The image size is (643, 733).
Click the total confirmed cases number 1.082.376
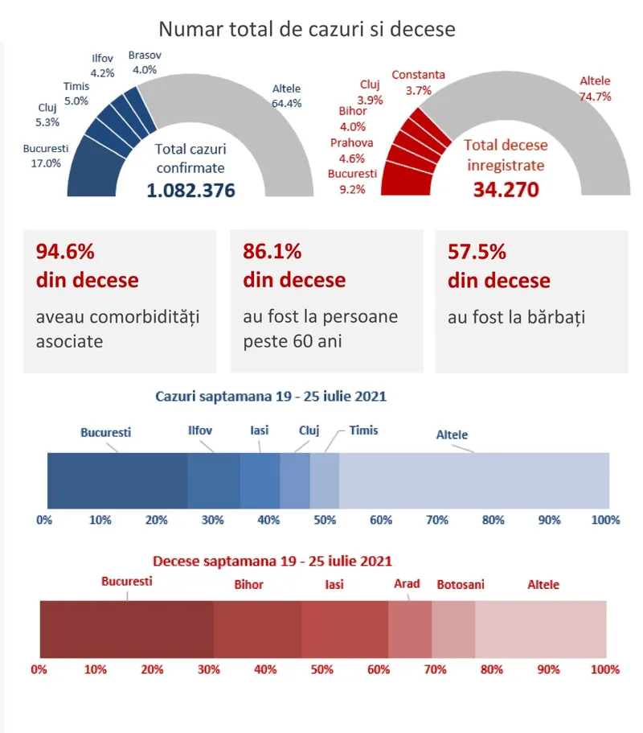190,190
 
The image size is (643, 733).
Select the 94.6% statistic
65,252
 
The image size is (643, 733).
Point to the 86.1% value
272,252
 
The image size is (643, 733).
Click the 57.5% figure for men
477,252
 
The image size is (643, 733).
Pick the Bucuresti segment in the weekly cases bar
117,481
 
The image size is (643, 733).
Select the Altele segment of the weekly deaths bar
540,629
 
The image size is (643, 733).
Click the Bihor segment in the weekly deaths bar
257,629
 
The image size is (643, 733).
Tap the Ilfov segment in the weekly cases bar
214,481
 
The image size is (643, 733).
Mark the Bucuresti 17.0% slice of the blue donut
89,170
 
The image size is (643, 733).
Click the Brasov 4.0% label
145,64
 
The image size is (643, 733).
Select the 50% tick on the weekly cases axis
325,520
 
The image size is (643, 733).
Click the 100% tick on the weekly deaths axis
604,669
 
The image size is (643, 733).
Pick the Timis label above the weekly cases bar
363,430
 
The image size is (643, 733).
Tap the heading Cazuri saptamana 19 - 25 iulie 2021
271,397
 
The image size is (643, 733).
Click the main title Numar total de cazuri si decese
307,30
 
